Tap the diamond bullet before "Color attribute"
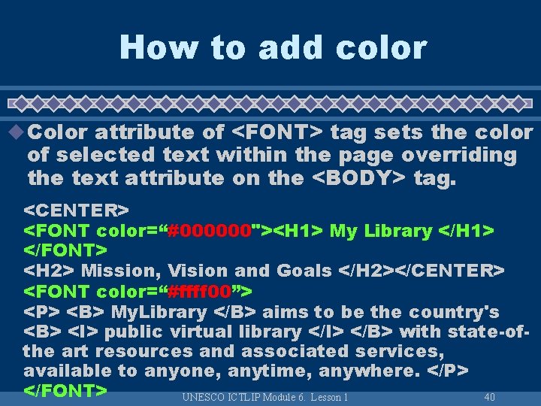15,132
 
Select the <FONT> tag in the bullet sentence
277,132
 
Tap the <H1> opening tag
298,230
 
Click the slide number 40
489,396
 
